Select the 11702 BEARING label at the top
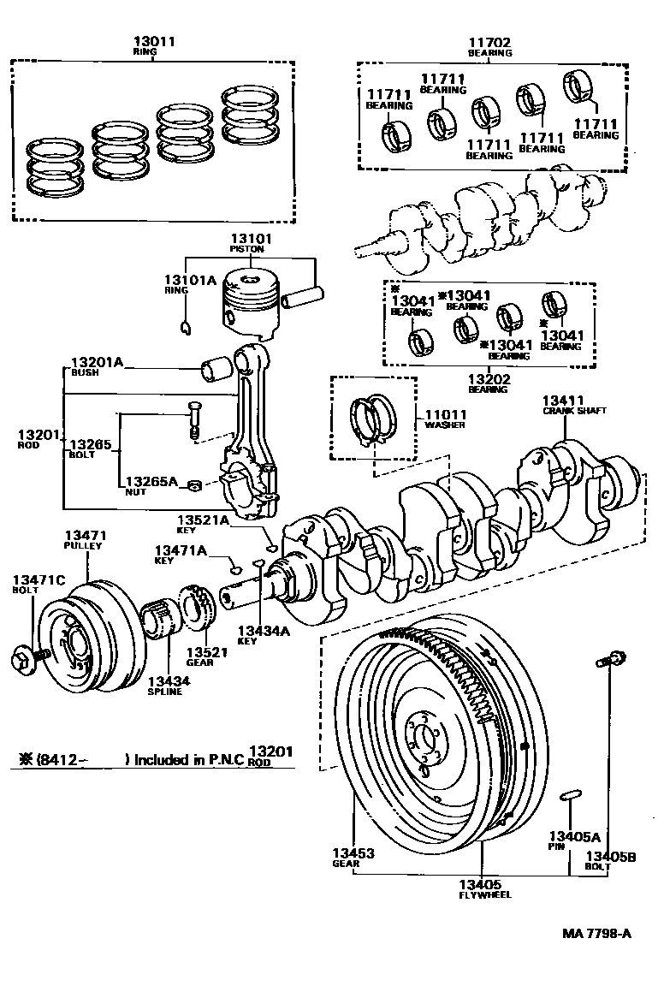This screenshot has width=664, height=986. click(489, 46)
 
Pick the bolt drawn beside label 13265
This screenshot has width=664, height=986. click(194, 422)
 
